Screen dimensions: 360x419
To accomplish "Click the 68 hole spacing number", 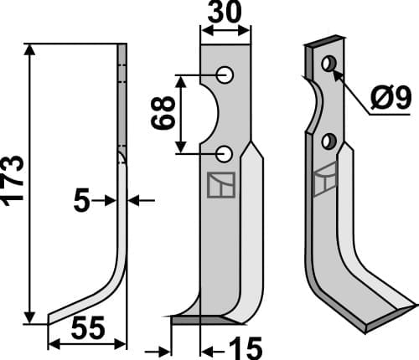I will tap(165, 113).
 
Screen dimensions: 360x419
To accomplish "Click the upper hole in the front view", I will tap(225, 75).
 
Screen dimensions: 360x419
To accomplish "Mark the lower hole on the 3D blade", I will tap(329, 140).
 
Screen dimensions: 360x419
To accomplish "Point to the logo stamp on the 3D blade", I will tap(325, 182).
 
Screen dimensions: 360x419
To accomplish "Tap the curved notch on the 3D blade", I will tap(316, 105).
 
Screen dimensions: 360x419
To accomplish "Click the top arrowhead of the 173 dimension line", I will tap(32, 49).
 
